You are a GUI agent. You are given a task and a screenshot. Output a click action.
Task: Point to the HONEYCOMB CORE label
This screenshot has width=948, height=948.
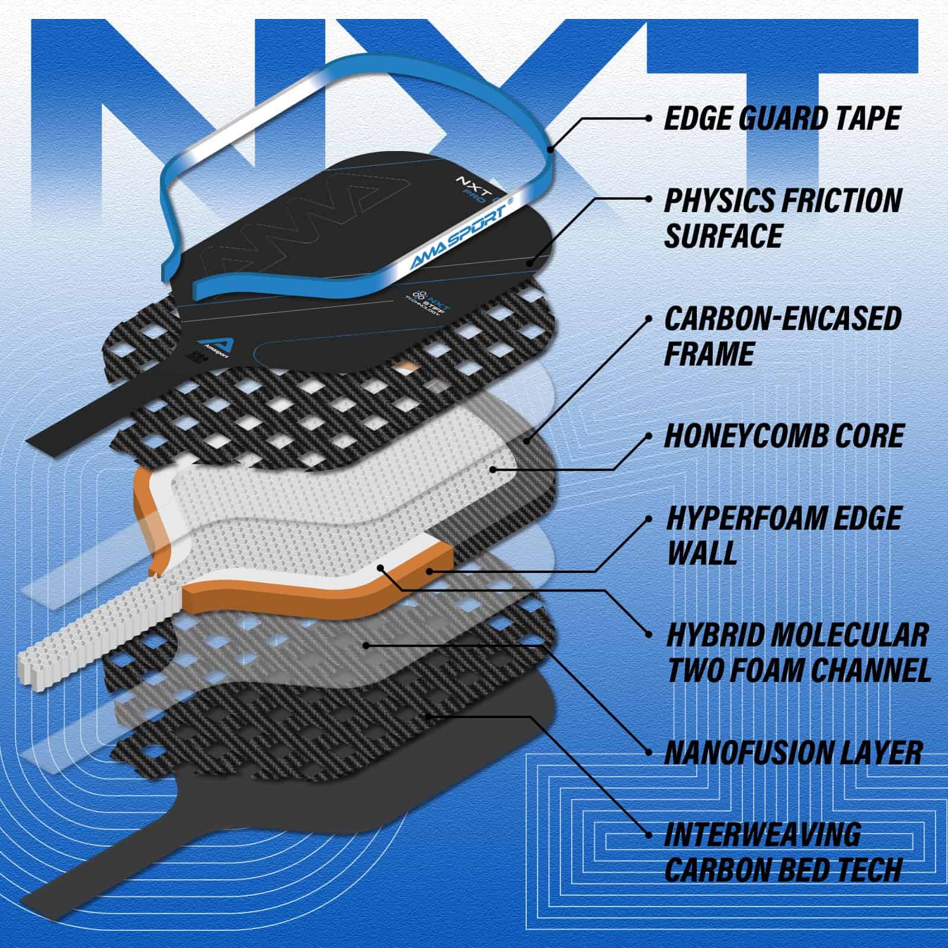pos(783,436)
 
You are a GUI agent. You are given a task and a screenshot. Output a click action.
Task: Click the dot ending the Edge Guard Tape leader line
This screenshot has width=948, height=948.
pos(550,149)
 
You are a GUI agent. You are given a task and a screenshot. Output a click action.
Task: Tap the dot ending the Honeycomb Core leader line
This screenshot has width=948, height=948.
pos(492,470)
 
